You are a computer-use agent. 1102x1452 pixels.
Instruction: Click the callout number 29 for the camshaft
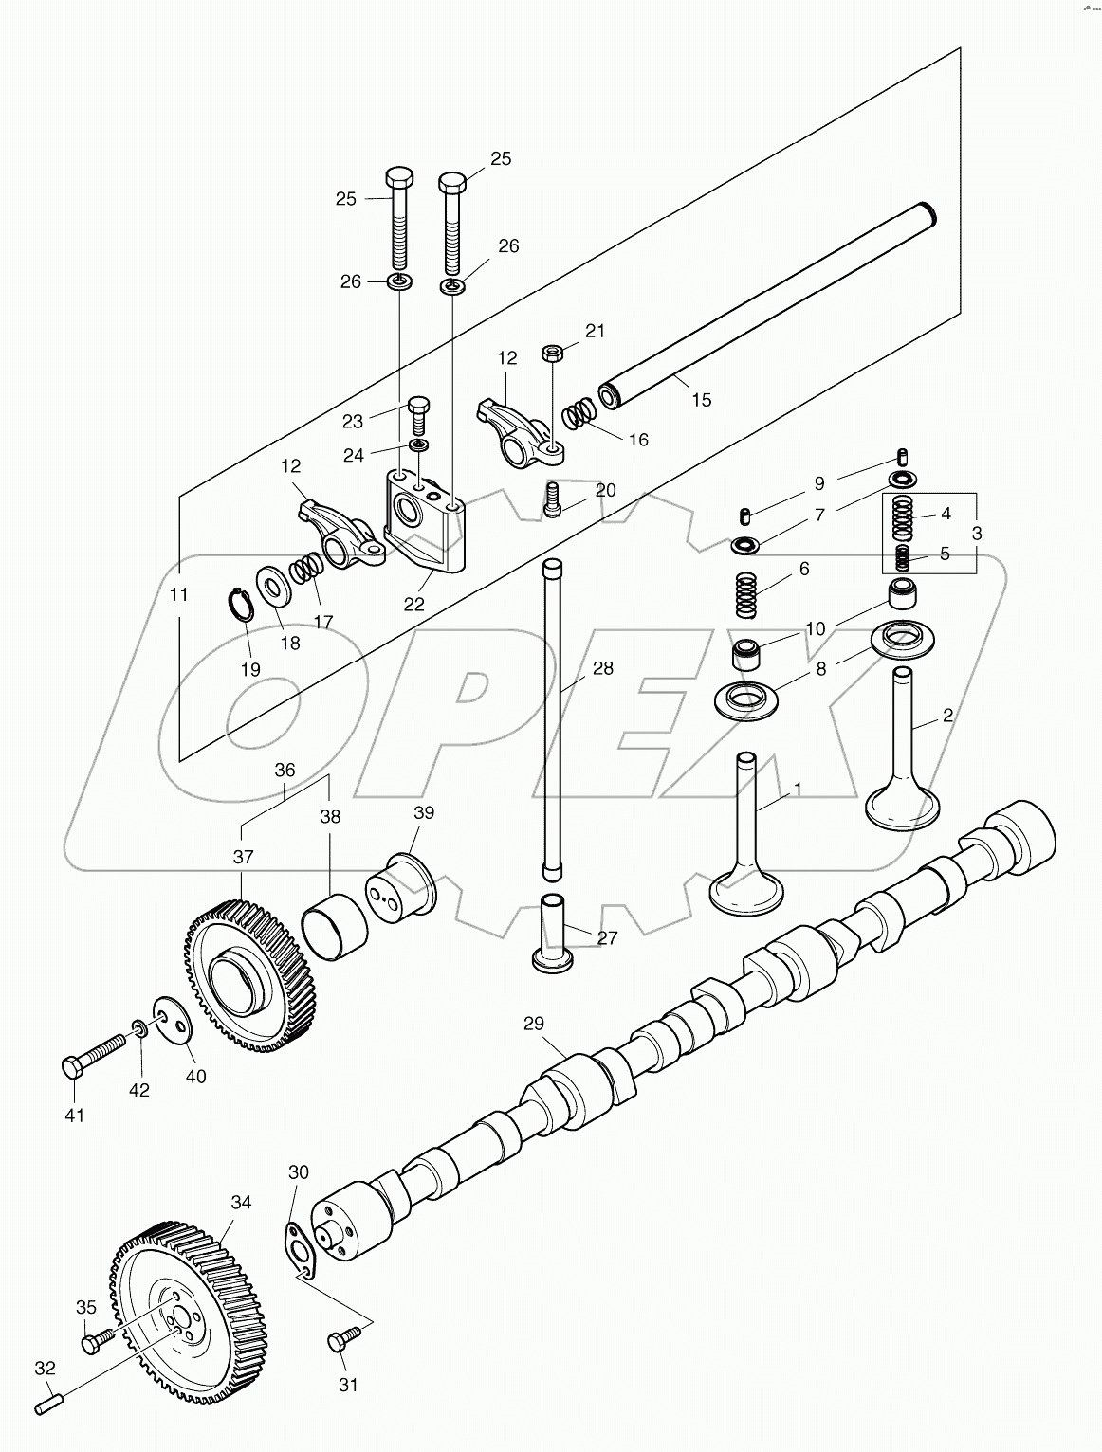(534, 1024)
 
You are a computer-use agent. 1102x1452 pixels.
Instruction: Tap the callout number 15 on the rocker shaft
(701, 400)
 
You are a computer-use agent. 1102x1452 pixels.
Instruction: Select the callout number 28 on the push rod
(602, 668)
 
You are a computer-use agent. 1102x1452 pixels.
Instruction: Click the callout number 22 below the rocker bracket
(413, 605)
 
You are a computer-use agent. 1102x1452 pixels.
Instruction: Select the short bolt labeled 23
(419, 414)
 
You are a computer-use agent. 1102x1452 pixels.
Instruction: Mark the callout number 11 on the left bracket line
(178, 595)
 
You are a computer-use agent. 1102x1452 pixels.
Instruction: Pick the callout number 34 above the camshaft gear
(241, 1202)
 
